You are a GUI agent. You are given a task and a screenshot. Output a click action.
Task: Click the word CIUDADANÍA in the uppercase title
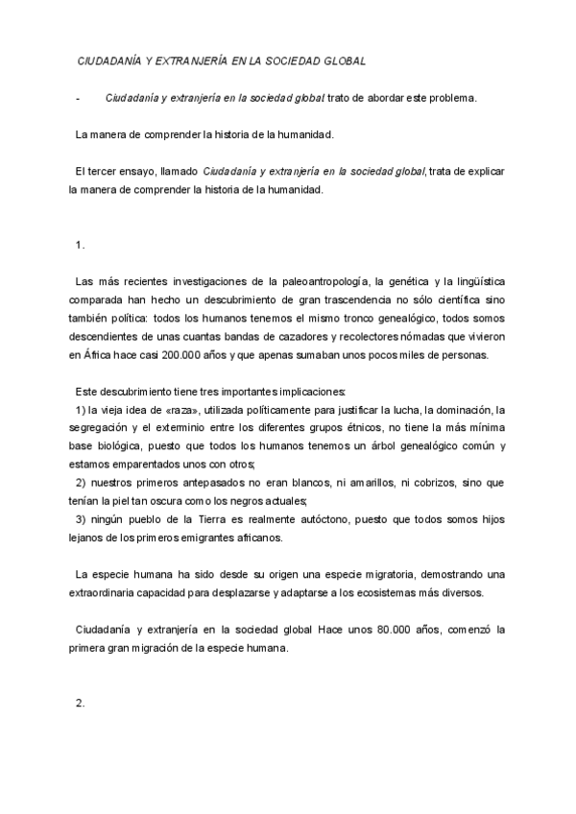click(110, 61)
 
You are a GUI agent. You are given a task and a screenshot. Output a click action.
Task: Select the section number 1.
click(80, 245)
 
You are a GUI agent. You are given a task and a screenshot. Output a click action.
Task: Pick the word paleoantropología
click(325, 281)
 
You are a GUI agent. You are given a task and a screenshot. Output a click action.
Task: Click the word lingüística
click(466, 281)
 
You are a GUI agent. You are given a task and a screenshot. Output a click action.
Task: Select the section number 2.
click(80, 703)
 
